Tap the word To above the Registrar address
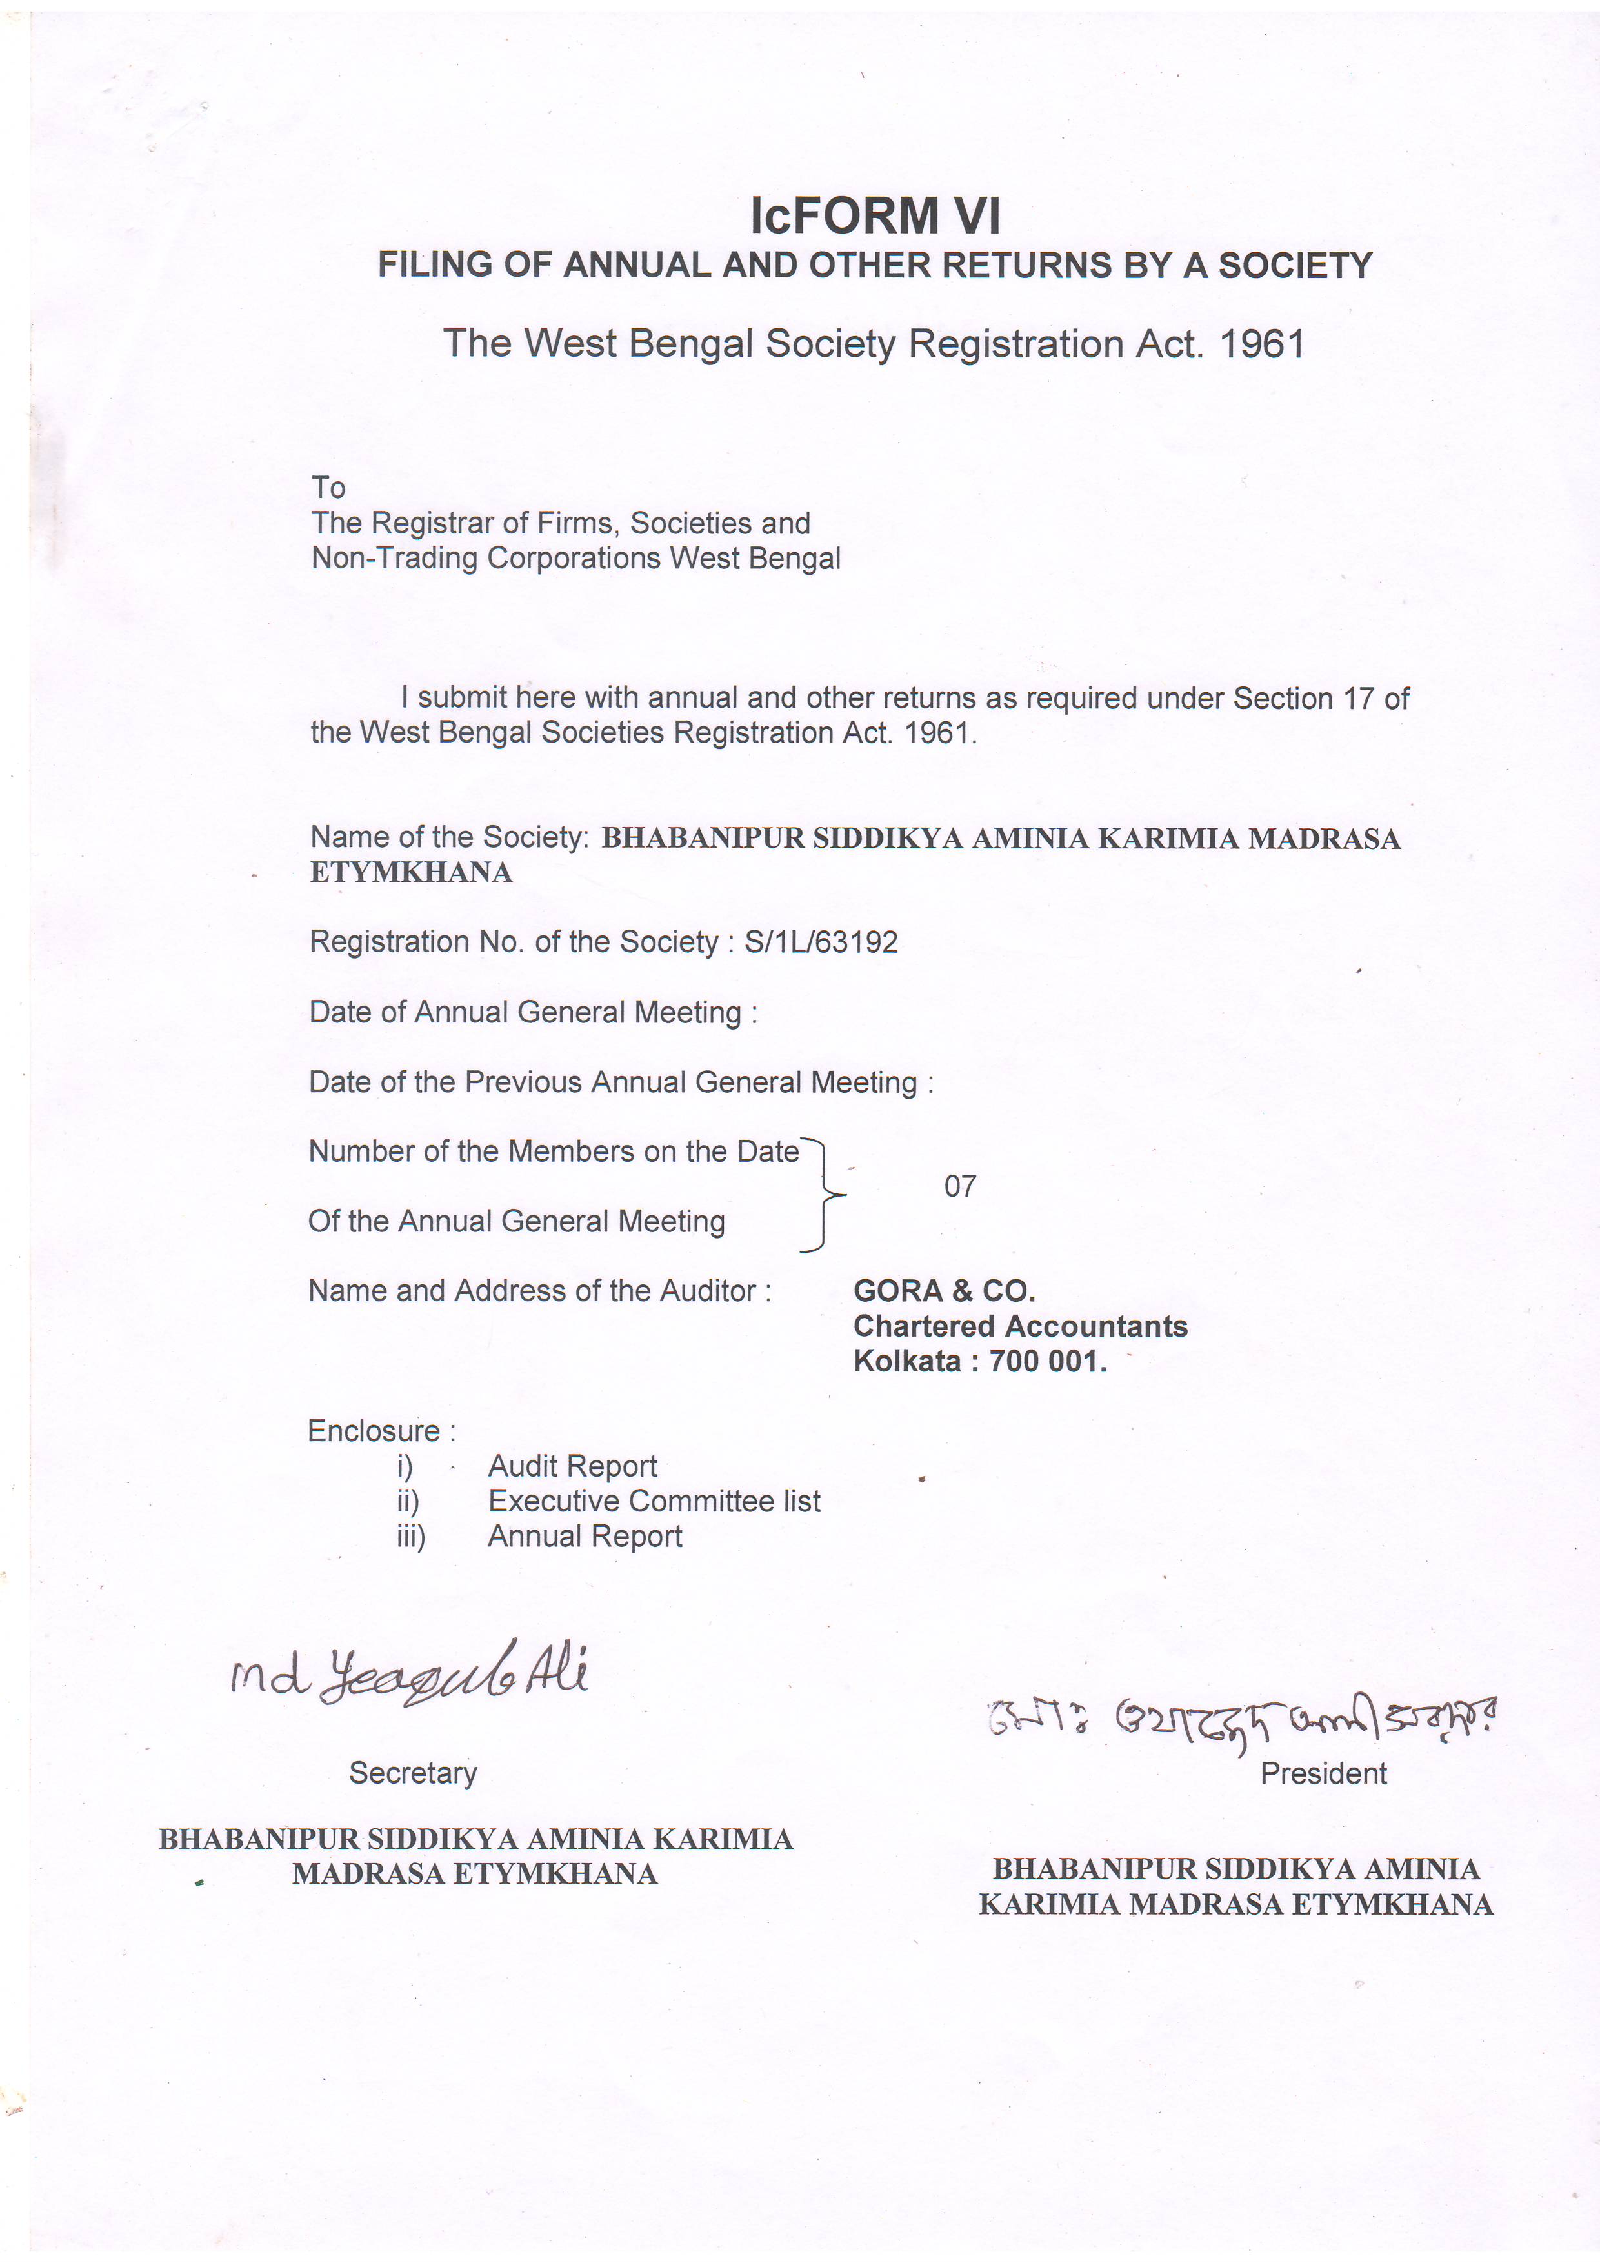click(328, 488)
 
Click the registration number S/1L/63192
click(821, 942)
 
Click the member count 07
click(960, 1187)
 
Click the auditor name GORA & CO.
click(943, 1291)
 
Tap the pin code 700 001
click(1048, 1362)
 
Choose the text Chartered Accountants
click(1021, 1327)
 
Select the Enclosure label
click(375, 1431)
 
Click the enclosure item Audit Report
click(572, 1466)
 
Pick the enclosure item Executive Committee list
click(654, 1501)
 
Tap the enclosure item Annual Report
click(585, 1537)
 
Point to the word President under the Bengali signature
click(1323, 1774)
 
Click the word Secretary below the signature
click(413, 1773)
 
